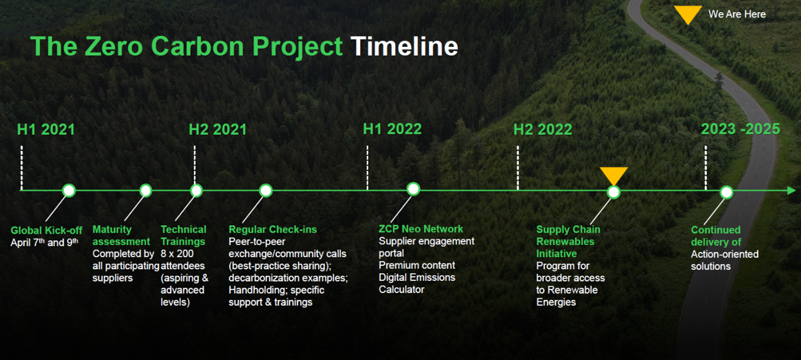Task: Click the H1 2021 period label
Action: pos(46,129)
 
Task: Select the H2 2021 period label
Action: pos(218,129)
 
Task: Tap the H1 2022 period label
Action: pos(392,128)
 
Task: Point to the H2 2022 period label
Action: pos(543,129)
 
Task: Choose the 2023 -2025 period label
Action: pos(740,129)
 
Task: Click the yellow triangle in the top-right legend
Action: pos(688,14)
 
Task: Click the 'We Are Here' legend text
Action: pos(737,14)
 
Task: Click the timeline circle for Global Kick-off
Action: pos(69,191)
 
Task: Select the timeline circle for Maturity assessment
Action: pos(146,191)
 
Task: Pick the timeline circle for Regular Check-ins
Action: pos(265,191)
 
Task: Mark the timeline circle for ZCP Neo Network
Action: pos(413,189)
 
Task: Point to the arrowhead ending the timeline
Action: pos(791,191)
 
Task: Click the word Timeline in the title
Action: pos(404,47)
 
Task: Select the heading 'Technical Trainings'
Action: pos(183,235)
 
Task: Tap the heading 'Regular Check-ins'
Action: pos(273,229)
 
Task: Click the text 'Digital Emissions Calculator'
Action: pos(417,283)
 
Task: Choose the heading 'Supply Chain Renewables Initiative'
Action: pos(565,242)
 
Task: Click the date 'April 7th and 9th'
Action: pos(44,243)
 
